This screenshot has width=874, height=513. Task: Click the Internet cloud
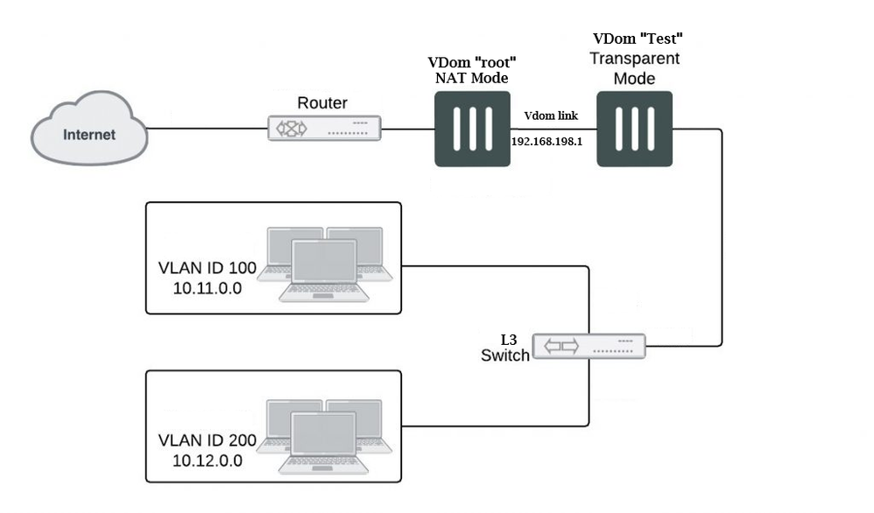tap(88, 134)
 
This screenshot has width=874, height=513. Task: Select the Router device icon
tap(325, 129)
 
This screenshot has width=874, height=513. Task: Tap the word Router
tap(322, 103)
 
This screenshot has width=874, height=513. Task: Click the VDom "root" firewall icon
tap(473, 132)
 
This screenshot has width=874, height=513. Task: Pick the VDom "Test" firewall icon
tap(633, 132)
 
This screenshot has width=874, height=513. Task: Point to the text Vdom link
tap(551, 116)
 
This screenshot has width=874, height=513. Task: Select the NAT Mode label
tap(472, 78)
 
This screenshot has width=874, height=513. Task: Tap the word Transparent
tap(634, 59)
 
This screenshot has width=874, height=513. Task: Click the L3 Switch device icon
tap(589, 346)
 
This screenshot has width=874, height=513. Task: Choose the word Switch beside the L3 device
tap(505, 355)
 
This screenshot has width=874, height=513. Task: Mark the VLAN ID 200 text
tap(207, 440)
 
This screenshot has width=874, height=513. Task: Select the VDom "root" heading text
tap(472, 62)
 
